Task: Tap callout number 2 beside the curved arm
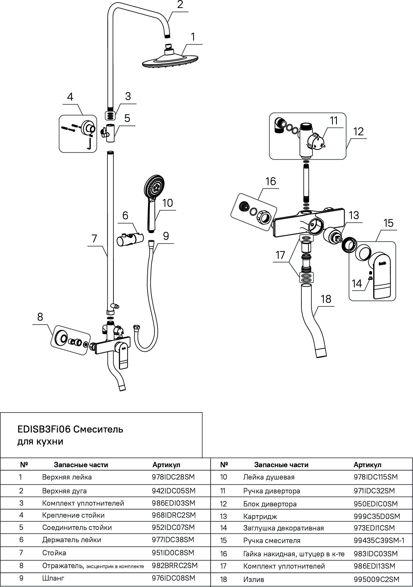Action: click(x=180, y=5)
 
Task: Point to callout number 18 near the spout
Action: click(x=326, y=299)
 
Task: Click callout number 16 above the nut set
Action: click(x=271, y=181)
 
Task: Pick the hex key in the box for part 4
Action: click(x=89, y=144)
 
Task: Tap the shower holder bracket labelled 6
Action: click(x=130, y=238)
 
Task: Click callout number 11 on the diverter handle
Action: click(x=334, y=121)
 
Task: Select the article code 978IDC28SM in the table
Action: click(x=173, y=477)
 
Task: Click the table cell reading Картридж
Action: click(x=260, y=516)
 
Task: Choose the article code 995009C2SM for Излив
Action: click(x=376, y=579)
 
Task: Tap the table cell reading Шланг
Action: click(x=53, y=578)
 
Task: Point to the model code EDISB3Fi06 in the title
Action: click(x=44, y=429)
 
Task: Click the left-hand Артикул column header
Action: click(x=166, y=465)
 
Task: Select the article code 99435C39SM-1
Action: click(x=379, y=540)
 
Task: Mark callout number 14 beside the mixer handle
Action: click(x=357, y=284)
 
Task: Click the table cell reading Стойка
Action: click(x=54, y=553)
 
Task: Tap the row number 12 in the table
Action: click(x=223, y=504)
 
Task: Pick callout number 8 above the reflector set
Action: click(x=40, y=317)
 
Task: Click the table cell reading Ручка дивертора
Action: click(x=271, y=491)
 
